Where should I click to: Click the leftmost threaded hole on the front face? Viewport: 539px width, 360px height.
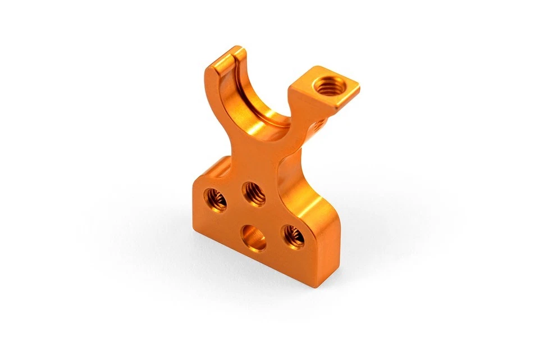coord(216,199)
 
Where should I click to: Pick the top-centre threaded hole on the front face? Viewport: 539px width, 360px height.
coord(254,194)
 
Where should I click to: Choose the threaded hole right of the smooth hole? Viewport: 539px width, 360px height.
coord(293,236)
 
